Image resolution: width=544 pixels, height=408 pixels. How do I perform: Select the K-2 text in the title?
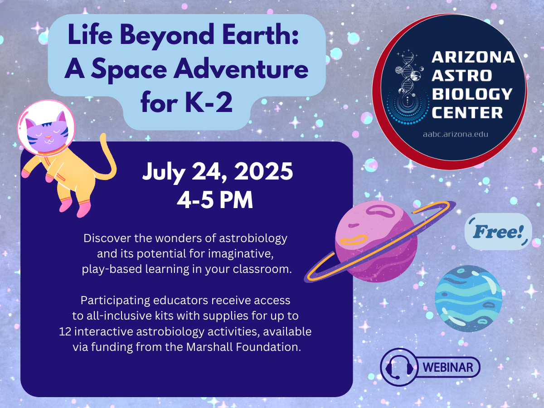tap(209, 102)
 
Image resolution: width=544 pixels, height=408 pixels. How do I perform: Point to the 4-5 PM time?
tap(215, 200)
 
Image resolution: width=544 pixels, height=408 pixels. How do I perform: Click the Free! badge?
tap(498, 232)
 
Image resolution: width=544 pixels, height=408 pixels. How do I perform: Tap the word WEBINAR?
tap(448, 367)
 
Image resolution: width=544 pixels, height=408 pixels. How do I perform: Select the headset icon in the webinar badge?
tap(399, 367)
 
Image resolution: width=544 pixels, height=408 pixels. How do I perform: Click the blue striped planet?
tap(468, 298)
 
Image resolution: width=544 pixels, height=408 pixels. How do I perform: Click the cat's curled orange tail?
tap(109, 159)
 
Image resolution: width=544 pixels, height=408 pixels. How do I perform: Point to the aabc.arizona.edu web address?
tap(456, 134)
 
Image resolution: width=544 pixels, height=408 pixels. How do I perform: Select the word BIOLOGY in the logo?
tap(472, 94)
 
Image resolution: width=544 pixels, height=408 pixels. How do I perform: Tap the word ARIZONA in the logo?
tap(473, 57)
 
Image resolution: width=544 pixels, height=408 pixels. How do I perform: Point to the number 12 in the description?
tap(65, 331)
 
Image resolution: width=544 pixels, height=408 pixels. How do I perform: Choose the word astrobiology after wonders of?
tap(253, 238)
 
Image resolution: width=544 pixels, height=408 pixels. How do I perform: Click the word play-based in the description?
tap(112, 269)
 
